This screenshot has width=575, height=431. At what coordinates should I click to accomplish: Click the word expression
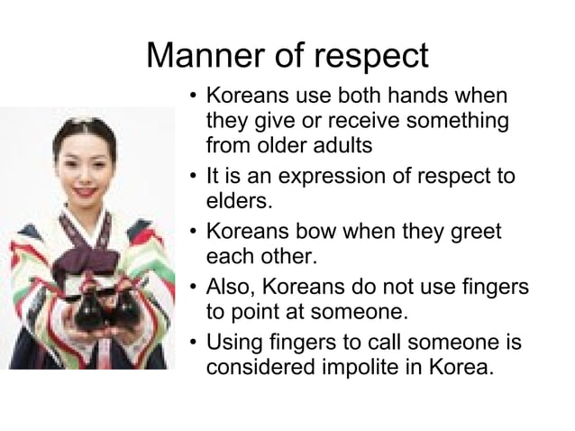coord(334,175)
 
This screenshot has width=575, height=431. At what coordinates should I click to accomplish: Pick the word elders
coord(237,198)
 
